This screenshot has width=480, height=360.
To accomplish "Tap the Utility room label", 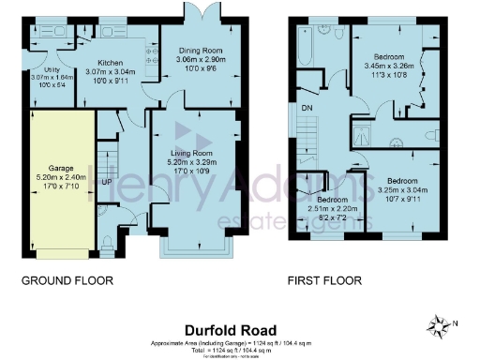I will coord(44,69).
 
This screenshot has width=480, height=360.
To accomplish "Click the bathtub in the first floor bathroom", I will coord(307,47).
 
